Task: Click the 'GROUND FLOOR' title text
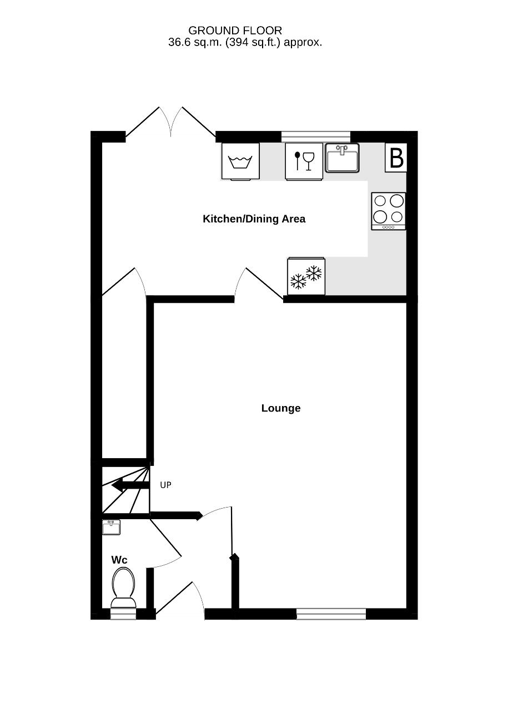[235, 31]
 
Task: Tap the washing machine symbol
[240, 161]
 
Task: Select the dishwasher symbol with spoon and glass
[304, 161]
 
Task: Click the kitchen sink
[343, 158]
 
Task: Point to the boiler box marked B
[396, 158]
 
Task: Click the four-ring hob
[389, 211]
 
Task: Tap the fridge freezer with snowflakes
[306, 276]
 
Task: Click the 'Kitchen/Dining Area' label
[254, 219]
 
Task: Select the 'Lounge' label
[281, 408]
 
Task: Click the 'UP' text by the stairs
[165, 485]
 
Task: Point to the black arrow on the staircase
[130, 485]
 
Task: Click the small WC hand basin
[112, 527]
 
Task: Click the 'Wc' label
[119, 560]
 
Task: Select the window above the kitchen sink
[316, 136]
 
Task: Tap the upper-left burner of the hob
[380, 201]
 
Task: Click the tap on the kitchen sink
[342, 150]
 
